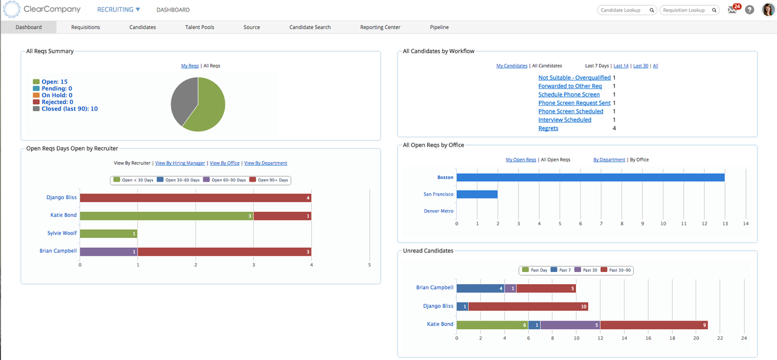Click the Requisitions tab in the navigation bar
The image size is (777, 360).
coord(86,27)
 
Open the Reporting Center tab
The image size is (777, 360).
coord(380,27)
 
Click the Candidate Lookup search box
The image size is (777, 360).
coord(623,10)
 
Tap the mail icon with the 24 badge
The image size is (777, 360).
coord(733,10)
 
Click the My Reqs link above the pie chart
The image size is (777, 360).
coord(190,66)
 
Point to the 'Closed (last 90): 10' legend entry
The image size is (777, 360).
coord(69,109)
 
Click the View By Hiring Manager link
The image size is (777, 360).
coord(180,163)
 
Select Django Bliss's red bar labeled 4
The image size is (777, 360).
coord(195,198)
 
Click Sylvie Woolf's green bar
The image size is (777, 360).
coord(108,234)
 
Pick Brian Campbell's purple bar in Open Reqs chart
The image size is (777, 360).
coord(108,251)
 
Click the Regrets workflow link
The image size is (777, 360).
coord(548,128)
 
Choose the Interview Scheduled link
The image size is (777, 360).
coord(565,120)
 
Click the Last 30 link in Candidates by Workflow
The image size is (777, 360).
coord(640,66)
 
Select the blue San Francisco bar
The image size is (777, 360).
coord(477,194)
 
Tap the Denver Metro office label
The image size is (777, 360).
coord(438,211)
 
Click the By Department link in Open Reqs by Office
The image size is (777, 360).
coord(609,160)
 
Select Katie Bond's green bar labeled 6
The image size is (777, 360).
coord(492,325)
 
